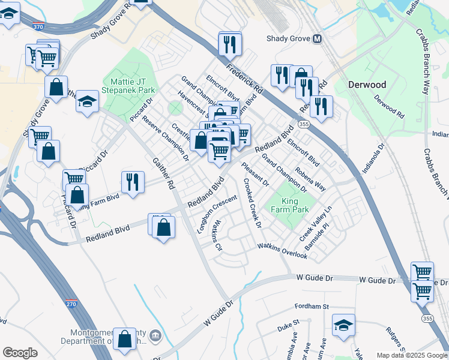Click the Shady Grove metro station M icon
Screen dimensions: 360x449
pyautogui.click(x=317, y=39)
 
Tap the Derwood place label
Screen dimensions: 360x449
pyautogui.click(x=367, y=85)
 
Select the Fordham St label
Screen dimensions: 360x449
pyautogui.click(x=312, y=307)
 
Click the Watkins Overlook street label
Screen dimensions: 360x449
pyautogui.click(x=282, y=251)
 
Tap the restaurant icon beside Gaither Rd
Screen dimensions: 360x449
pyautogui.click(x=133, y=181)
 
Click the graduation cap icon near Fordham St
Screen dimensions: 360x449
pyautogui.click(x=343, y=325)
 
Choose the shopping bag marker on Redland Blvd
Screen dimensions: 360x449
pyautogui.click(x=163, y=227)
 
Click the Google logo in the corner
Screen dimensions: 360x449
pyautogui.click(x=20, y=353)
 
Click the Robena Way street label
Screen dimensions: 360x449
pyautogui.click(x=310, y=178)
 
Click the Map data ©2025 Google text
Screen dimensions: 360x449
pyautogui.click(x=411, y=355)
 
